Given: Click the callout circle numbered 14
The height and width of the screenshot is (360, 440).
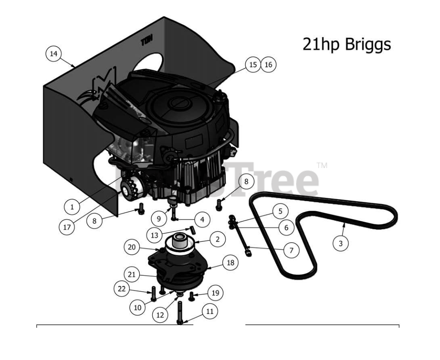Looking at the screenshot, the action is pyautogui.click(x=53, y=54).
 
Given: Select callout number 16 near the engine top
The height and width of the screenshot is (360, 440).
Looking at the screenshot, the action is pyautogui.click(x=268, y=65).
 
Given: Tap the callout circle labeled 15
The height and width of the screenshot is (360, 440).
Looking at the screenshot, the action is pyautogui.click(x=253, y=65).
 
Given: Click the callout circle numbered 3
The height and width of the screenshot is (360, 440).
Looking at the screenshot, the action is pyautogui.click(x=341, y=243).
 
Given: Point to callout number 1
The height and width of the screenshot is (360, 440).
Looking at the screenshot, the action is pyautogui.click(x=72, y=207).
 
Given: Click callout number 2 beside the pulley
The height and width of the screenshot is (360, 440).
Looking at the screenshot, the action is pyautogui.click(x=217, y=239).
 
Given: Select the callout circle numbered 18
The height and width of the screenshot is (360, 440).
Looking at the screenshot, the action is pyautogui.click(x=230, y=263).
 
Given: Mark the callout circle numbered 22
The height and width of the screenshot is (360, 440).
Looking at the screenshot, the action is pyautogui.click(x=122, y=288).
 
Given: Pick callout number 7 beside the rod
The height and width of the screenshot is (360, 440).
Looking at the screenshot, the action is pyautogui.click(x=291, y=251).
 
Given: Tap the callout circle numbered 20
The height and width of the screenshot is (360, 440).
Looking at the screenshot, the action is pyautogui.click(x=132, y=247).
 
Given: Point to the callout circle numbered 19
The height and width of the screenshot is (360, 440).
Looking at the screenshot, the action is pyautogui.click(x=215, y=293).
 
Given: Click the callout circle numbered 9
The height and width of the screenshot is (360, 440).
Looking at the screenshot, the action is pyautogui.click(x=159, y=219).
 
